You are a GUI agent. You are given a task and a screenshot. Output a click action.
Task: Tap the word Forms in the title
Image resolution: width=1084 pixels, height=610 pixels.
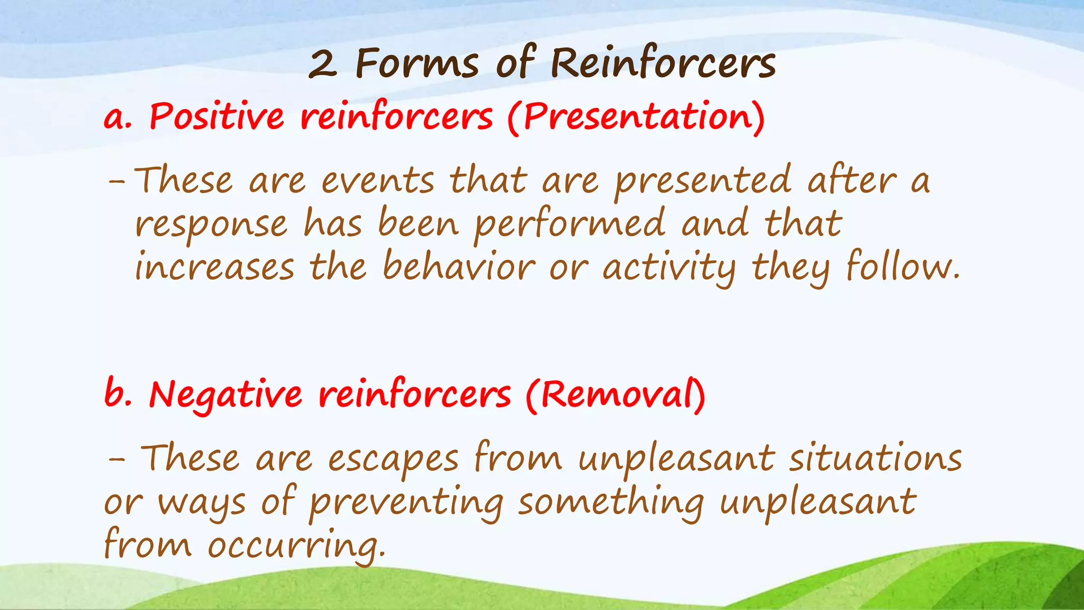(x=417, y=64)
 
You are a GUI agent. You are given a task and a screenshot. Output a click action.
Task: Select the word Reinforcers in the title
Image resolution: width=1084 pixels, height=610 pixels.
(x=663, y=64)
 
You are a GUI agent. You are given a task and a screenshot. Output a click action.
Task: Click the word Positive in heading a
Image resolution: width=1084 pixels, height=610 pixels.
(x=216, y=116)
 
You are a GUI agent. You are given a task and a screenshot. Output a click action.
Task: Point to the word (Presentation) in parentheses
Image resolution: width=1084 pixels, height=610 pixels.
(x=636, y=117)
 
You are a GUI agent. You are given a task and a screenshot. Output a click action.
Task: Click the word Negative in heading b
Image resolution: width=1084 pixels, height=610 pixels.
(x=225, y=395)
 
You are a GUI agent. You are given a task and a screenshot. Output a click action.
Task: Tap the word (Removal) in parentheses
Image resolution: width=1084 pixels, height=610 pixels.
(x=616, y=395)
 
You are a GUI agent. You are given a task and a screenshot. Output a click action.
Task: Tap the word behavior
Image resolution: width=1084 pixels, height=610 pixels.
(x=459, y=266)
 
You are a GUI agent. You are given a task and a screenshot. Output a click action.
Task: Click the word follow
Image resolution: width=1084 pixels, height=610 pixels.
(x=901, y=266)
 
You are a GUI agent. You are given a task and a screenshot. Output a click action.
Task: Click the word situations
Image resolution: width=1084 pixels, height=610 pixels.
(x=875, y=458)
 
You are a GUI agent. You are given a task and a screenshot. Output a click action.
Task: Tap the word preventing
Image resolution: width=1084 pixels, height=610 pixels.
(x=406, y=503)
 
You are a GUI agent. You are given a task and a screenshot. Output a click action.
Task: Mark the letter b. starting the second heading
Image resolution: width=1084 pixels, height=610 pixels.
(x=118, y=394)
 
